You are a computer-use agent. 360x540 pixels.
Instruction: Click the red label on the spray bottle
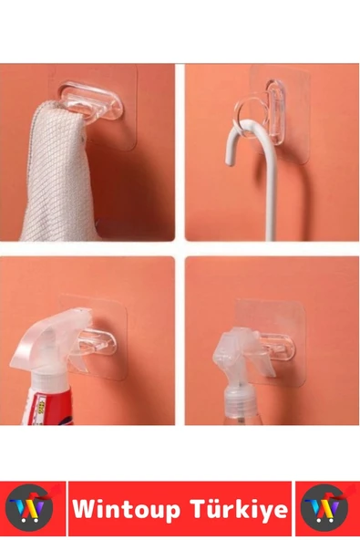[x=48, y=407]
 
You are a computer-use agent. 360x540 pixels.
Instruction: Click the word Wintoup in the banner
[x=126, y=509]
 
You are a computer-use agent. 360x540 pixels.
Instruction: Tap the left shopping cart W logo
[x=30, y=508]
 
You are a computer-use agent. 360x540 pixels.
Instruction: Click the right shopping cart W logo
[x=324, y=508]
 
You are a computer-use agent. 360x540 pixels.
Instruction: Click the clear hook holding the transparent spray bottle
[x=278, y=346]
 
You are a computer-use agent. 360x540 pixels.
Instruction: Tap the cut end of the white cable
[x=230, y=161]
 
